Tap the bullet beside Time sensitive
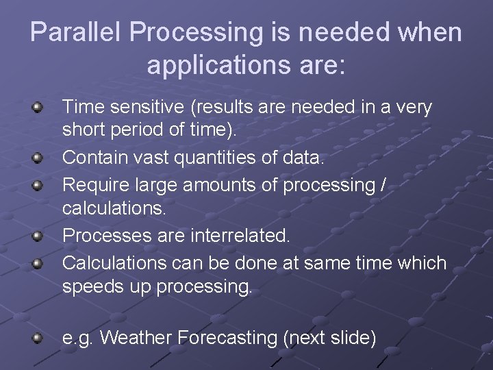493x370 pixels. pyautogui.click(x=40, y=108)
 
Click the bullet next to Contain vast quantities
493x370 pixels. pyautogui.click(x=40, y=158)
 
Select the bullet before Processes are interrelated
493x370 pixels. pyautogui.click(x=40, y=236)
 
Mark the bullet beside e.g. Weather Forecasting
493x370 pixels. pyautogui.click(x=40, y=338)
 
